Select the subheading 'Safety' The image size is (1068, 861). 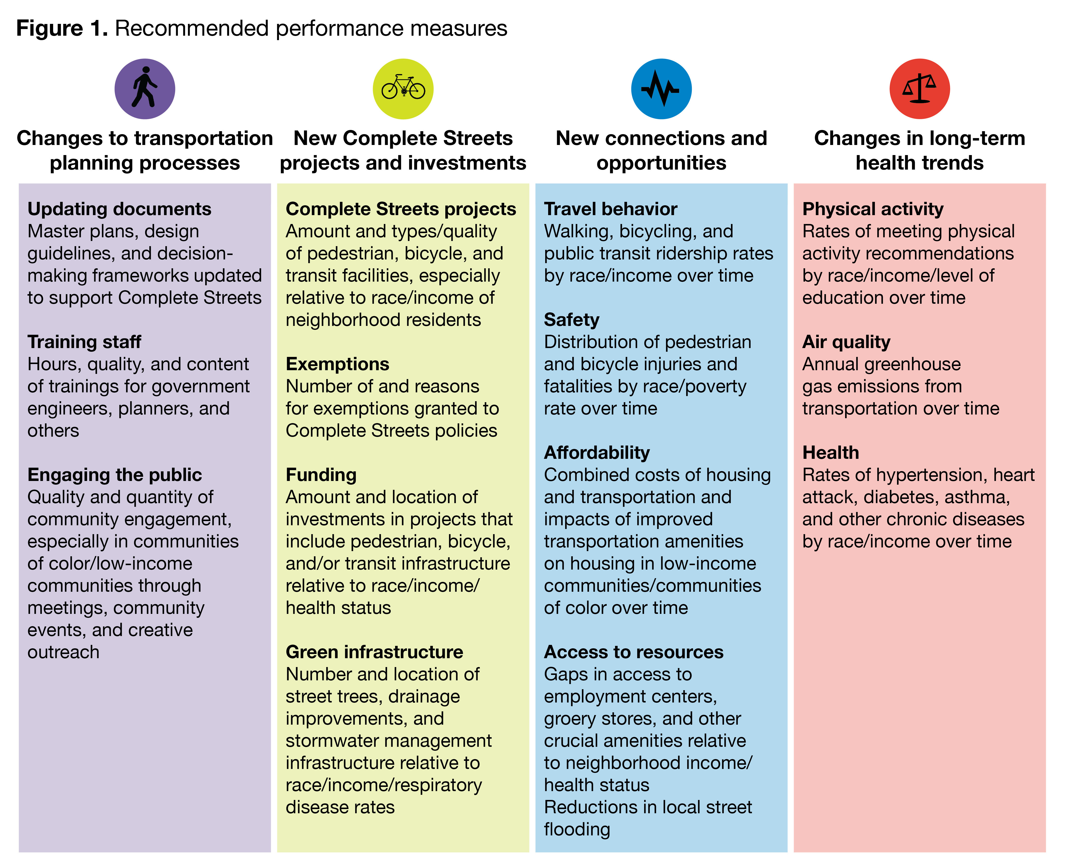pos(571,320)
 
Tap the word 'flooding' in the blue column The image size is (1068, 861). pos(577,829)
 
